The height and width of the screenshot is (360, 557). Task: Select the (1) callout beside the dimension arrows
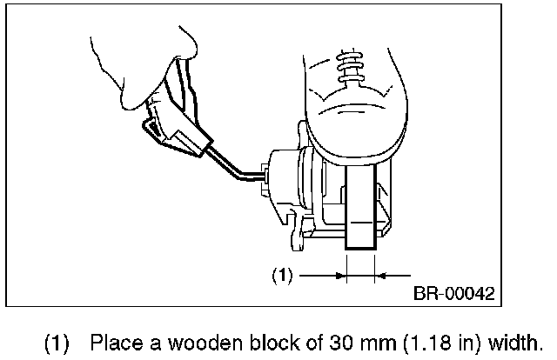click(x=281, y=276)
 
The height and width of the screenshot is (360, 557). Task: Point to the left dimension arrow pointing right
click(x=323, y=276)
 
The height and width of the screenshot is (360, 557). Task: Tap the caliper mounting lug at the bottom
click(x=300, y=233)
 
